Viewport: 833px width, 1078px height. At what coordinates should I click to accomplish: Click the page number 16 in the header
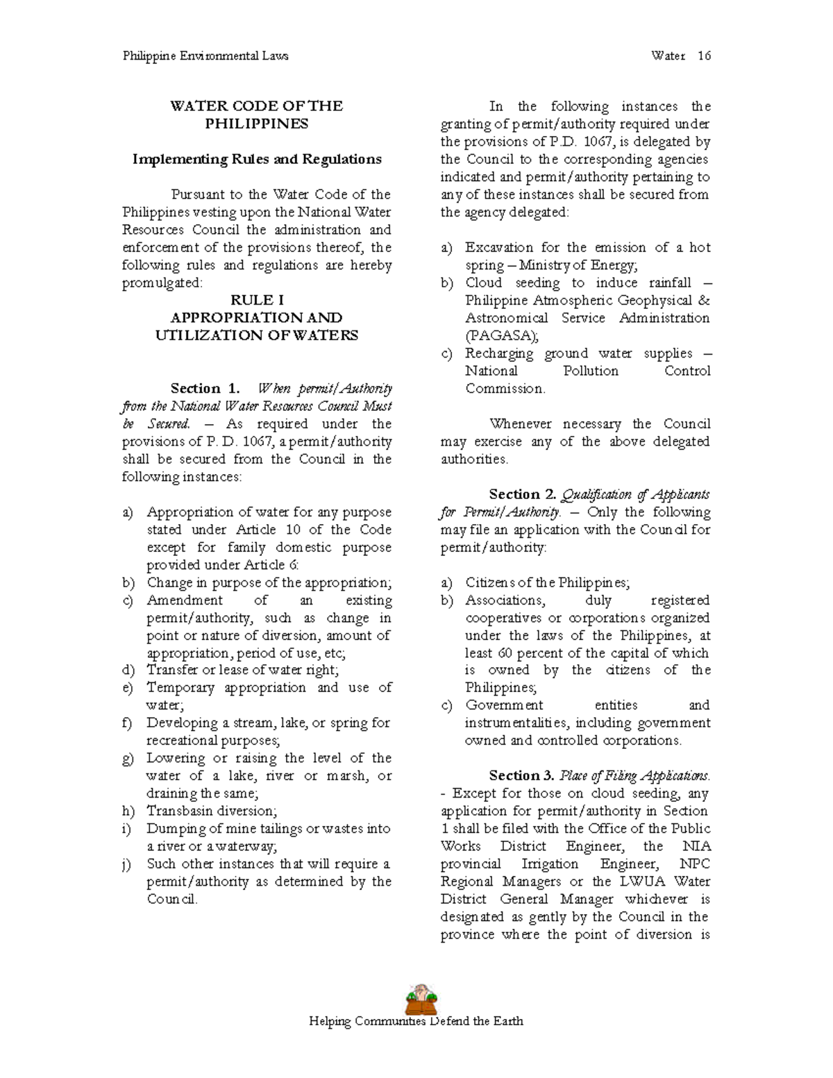704,56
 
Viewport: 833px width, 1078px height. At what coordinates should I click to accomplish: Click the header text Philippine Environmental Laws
205,56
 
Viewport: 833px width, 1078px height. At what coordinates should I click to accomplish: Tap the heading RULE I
257,300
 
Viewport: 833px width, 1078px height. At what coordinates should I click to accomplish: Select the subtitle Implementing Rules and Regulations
257,159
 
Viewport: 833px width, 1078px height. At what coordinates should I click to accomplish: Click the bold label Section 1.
205,388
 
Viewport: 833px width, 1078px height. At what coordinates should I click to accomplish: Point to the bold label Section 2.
523,494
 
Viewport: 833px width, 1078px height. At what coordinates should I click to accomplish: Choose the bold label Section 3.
523,775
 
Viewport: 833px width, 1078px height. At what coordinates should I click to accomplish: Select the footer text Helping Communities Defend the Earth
416,1021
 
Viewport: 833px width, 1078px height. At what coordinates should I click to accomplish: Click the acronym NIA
696,846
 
